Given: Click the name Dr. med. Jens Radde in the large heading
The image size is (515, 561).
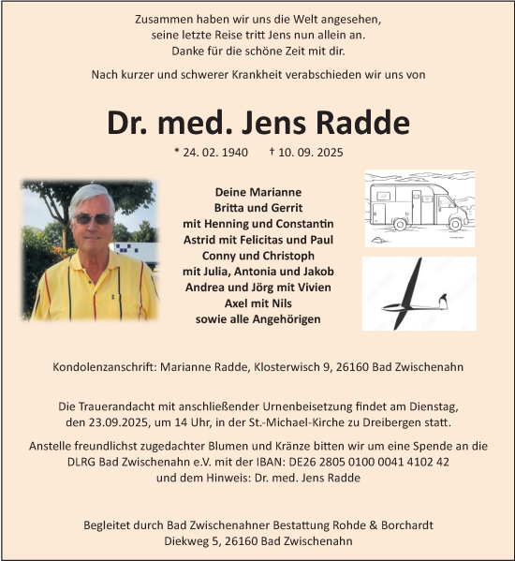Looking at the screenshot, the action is click(x=257, y=123).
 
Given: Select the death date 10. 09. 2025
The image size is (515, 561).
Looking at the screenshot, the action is click(x=313, y=152).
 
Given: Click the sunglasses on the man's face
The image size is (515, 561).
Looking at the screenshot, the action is click(x=93, y=219).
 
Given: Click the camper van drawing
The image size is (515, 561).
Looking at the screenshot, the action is click(x=419, y=207).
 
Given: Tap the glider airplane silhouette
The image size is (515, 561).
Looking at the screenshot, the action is click(x=419, y=293).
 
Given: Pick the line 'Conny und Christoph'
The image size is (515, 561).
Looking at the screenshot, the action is click(x=257, y=255).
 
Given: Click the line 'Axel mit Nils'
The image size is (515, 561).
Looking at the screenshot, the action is click(x=257, y=303).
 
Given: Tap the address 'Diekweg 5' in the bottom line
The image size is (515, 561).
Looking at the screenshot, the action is click(x=165, y=541).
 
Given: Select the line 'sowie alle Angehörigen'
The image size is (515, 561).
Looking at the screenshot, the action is click(x=257, y=319).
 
